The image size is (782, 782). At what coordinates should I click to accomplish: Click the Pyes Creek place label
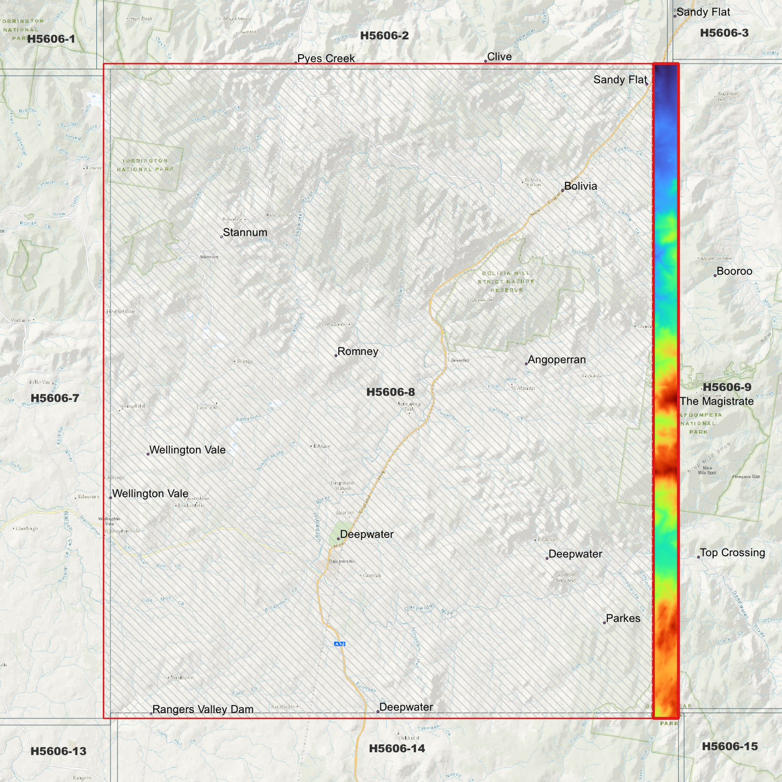coord(326,58)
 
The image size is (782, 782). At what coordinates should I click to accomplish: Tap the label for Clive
coord(499,57)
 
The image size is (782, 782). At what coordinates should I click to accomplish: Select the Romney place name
coord(358,352)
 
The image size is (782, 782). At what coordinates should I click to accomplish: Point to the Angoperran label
coord(556,360)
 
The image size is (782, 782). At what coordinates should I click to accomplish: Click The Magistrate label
coord(717,402)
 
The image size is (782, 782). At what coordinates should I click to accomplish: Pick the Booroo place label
coord(734,272)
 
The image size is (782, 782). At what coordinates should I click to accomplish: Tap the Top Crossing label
coord(732,553)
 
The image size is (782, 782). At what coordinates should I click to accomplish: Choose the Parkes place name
coord(623,619)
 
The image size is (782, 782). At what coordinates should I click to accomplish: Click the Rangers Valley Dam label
coord(202,709)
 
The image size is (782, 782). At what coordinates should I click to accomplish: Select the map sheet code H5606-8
coord(391,392)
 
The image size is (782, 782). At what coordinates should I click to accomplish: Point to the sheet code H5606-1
coord(51,39)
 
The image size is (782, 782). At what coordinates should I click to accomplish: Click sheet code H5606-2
coord(385,36)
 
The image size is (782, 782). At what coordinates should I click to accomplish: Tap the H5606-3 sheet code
coord(724,33)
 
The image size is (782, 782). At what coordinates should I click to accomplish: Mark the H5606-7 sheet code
coord(55,398)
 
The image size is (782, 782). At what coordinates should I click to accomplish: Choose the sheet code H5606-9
coord(727,387)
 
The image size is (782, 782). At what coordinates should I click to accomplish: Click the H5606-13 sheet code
coord(58,751)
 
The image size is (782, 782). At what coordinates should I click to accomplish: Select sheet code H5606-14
coord(397,748)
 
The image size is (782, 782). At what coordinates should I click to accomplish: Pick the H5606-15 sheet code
coord(730,746)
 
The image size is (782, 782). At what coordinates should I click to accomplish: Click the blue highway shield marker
coord(339,644)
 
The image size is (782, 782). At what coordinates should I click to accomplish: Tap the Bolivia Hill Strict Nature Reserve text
coord(507,281)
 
